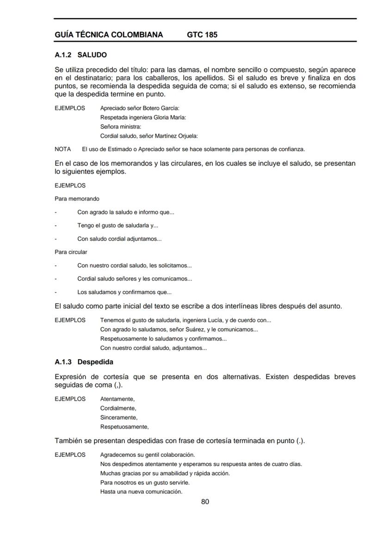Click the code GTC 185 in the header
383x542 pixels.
click(x=202, y=35)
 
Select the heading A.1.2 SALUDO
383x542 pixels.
click(x=80, y=55)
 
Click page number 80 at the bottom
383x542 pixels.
click(x=205, y=502)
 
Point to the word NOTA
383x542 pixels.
click(x=62, y=149)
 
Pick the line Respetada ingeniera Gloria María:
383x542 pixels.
click(x=143, y=117)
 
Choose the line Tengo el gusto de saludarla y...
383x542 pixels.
click(x=118, y=226)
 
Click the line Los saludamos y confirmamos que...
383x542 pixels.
click(x=124, y=292)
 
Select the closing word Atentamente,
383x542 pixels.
click(x=117, y=399)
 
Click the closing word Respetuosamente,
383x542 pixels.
click(x=124, y=426)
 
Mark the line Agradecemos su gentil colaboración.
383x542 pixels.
click(x=147, y=454)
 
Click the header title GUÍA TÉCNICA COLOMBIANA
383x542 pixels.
click(x=109, y=35)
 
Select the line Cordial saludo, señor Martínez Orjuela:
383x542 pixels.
click(x=149, y=136)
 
